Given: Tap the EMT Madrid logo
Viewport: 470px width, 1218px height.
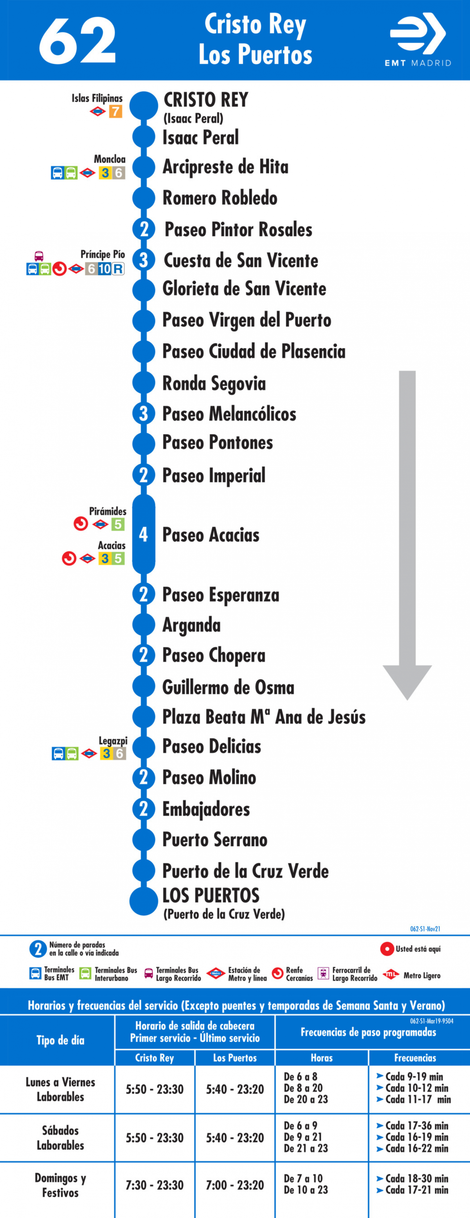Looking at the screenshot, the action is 418,40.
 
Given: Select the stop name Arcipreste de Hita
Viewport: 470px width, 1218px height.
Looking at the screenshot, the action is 225,167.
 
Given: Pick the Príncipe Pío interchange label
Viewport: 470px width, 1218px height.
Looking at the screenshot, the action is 102,254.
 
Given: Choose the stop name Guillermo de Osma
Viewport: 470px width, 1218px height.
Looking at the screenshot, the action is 228,687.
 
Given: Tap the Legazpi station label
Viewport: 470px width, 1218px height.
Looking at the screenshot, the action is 113,741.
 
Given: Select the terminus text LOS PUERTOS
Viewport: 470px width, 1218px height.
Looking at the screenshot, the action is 211,896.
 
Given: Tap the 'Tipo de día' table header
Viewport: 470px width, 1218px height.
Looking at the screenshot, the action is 60,1040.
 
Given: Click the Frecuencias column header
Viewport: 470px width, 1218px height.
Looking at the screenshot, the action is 415,1058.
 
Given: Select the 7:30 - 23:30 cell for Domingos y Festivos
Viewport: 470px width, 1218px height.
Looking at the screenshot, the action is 155,1185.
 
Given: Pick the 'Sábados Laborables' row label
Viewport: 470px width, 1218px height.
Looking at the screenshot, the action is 60,1138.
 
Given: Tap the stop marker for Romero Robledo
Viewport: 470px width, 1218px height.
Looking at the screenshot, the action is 144,198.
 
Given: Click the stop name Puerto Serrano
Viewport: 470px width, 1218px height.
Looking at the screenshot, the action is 215,840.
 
